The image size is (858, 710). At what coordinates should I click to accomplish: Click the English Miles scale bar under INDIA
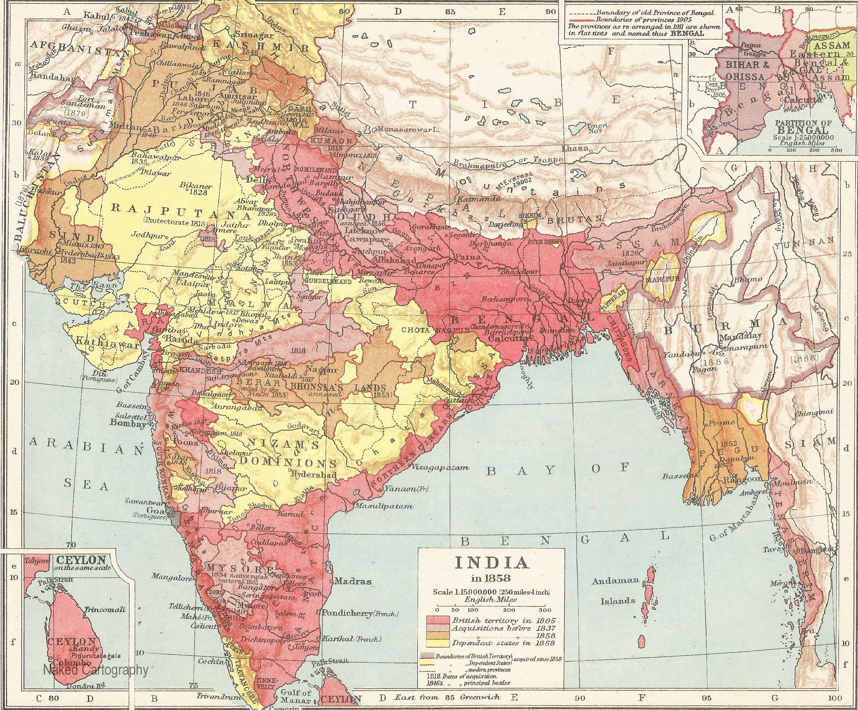[x=490, y=605]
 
